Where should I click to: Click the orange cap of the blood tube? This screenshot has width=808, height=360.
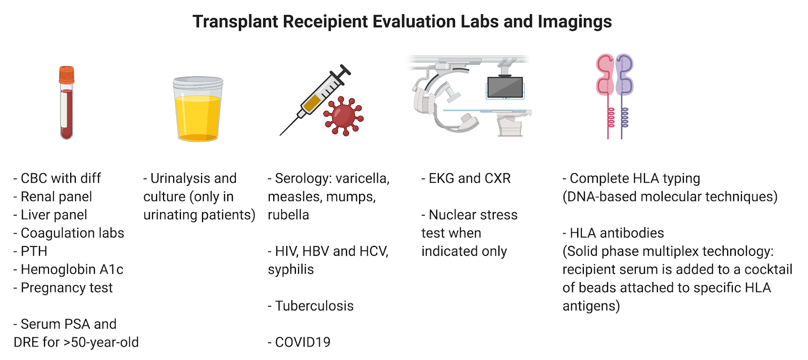pyautogui.click(x=67, y=74)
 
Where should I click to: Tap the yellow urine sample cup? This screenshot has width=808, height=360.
pyautogui.click(x=197, y=109)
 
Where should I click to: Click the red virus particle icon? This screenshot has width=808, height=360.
pyautogui.click(x=343, y=116)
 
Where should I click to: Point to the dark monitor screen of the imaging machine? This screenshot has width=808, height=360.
pyautogui.click(x=505, y=87)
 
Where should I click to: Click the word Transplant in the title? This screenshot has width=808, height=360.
pyautogui.click(x=235, y=22)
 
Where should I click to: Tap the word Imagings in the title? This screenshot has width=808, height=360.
pyautogui.click(x=575, y=22)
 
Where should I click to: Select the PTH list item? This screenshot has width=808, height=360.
pyautogui.click(x=30, y=251)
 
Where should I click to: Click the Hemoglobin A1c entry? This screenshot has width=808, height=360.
pyautogui.click(x=69, y=270)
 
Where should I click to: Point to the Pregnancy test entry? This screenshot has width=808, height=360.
pyautogui.click(x=63, y=288)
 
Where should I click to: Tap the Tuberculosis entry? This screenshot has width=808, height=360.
pyautogui.click(x=311, y=306)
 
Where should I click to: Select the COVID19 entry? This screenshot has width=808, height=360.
pyautogui.click(x=299, y=342)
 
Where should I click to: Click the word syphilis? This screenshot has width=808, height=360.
pyautogui.click(x=291, y=270)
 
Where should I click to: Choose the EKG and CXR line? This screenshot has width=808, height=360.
pyautogui.click(x=466, y=179)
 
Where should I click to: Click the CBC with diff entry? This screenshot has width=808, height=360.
pyautogui.click(x=58, y=179)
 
